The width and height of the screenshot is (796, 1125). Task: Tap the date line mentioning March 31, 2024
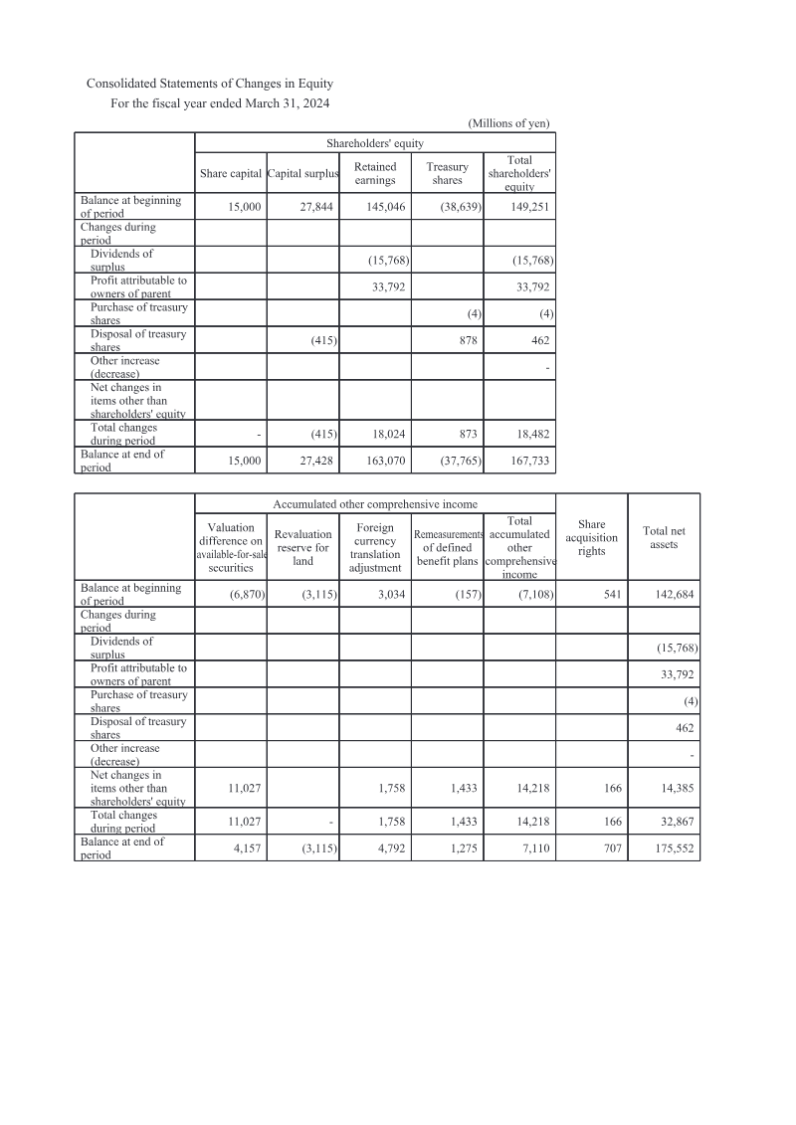220,103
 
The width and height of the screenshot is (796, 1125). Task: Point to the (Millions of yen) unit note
508,123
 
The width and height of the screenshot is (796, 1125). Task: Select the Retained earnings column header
375,174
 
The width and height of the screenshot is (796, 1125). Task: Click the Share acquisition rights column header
591,537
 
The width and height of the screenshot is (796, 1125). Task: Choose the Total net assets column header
663,537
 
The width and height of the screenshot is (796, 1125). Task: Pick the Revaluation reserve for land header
302,548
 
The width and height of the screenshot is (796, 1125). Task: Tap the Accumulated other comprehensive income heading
375,504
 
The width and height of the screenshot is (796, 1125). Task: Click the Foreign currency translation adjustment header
375,548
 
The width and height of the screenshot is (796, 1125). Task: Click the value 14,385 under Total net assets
677,788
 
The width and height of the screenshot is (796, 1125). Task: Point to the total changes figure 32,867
677,823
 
